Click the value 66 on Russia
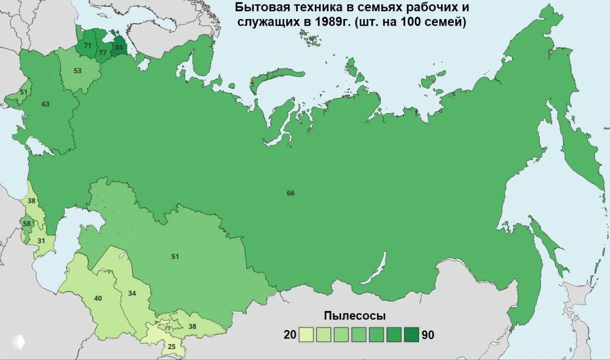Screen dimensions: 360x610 click(291, 193)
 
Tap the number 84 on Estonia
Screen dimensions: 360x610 click(119, 48)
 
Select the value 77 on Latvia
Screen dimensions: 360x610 click(102, 53)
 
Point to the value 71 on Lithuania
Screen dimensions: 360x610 click(87, 46)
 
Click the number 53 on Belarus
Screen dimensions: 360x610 click(78, 71)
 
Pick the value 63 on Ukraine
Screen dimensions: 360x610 click(46, 104)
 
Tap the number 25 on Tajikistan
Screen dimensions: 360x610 click(172, 346)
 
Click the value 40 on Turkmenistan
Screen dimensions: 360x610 click(98, 299)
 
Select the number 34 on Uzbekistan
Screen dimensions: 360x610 click(132, 293)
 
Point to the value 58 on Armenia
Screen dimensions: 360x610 click(27, 224)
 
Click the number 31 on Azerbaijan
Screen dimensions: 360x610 click(41, 241)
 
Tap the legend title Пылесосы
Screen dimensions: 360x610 click(355, 316)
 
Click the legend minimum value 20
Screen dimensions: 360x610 click(290, 335)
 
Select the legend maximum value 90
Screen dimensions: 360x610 click(428, 335)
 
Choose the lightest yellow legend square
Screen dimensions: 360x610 click(306, 335)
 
